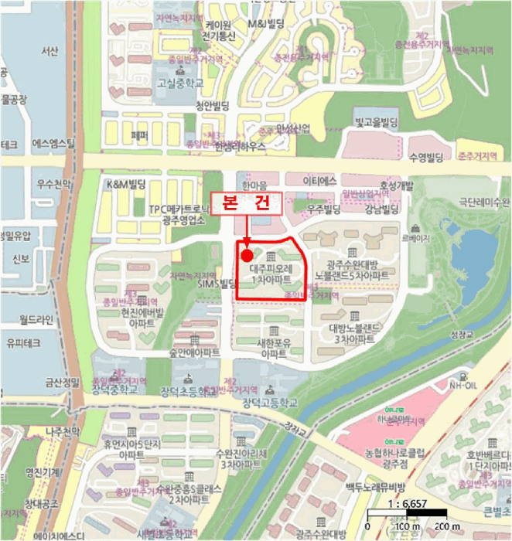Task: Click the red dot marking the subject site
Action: pos(247,255)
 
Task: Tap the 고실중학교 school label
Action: pos(179,82)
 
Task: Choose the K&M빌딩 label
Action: pos(126,185)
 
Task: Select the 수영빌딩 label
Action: pos(426,158)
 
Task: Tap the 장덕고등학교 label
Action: pos(270,403)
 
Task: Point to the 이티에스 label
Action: pos(321,180)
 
